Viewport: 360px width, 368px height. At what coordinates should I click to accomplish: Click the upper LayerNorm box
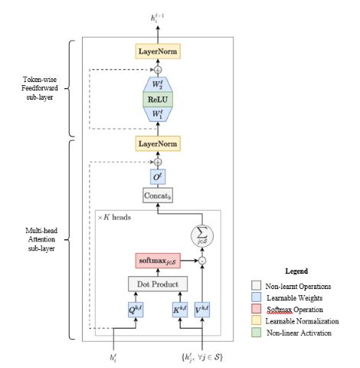point(158,51)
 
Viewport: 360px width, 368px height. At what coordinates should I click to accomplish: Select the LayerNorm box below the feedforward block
point(158,143)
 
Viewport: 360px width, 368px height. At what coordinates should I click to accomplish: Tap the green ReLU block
point(158,99)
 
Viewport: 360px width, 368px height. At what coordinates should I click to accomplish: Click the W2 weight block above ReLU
point(158,84)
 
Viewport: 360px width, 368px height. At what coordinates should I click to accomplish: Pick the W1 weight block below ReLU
point(158,114)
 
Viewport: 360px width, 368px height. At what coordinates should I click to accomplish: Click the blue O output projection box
point(158,176)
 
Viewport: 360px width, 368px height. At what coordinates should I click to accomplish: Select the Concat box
point(158,195)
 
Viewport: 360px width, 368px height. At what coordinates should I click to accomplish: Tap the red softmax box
point(158,261)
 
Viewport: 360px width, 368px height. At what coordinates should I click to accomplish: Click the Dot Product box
point(158,284)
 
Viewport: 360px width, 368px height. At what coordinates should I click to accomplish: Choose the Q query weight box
point(136,310)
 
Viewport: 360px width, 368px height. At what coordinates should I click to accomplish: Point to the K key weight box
point(180,310)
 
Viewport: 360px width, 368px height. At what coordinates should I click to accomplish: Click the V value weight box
point(202,310)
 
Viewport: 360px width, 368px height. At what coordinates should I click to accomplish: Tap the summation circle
point(202,235)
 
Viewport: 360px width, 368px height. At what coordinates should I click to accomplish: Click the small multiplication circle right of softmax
point(202,261)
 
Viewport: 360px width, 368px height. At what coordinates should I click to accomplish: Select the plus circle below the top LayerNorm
point(158,70)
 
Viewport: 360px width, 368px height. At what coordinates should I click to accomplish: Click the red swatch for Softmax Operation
point(256,309)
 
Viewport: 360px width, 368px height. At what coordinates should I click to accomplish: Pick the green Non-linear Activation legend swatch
point(256,332)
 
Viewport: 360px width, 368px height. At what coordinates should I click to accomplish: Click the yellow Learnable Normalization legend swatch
point(256,320)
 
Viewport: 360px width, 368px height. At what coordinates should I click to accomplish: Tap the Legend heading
point(296,271)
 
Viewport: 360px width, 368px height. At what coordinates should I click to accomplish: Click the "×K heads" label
point(114,218)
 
